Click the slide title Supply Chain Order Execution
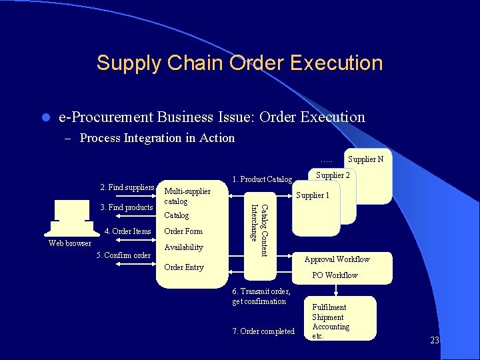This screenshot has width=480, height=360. click(x=239, y=63)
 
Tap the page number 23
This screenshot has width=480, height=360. click(x=435, y=341)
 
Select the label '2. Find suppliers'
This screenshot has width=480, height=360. click(x=127, y=187)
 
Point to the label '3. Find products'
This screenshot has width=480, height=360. click(x=126, y=207)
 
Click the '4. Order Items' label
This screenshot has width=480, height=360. click(x=128, y=231)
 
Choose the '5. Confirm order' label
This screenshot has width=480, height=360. click(x=123, y=255)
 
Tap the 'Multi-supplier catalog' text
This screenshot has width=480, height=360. click(x=187, y=196)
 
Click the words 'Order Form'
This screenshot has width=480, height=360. click(x=183, y=231)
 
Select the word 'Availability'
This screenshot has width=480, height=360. click(x=183, y=247)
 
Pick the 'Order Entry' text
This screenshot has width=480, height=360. click(x=183, y=267)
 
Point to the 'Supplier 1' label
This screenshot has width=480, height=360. click(x=313, y=195)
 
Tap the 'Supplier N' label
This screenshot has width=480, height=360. click(x=365, y=159)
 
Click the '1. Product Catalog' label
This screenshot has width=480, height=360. click(x=262, y=179)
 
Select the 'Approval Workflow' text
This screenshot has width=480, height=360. click(x=337, y=259)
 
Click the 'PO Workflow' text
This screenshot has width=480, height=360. click(x=335, y=275)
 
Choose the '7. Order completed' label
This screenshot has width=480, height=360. click(x=263, y=331)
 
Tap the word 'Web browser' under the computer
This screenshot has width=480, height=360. click(x=70, y=243)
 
